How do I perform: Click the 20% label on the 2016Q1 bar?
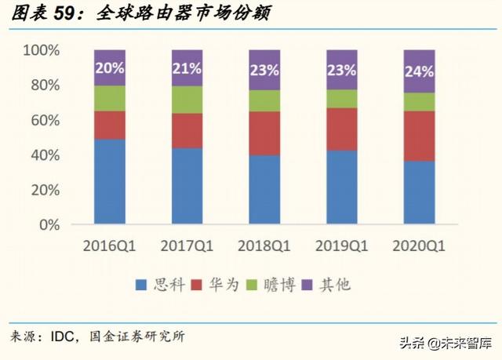[x=110, y=67]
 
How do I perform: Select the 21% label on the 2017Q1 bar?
[x=187, y=68]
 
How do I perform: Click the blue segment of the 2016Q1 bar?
[x=110, y=181]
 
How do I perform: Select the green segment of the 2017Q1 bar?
[x=187, y=100]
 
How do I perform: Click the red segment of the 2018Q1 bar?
[x=264, y=133]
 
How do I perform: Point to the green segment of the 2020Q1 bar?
[x=419, y=101]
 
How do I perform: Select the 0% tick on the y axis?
[x=49, y=225]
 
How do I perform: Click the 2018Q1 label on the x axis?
[x=264, y=246]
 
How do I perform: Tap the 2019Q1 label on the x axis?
[x=342, y=246]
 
